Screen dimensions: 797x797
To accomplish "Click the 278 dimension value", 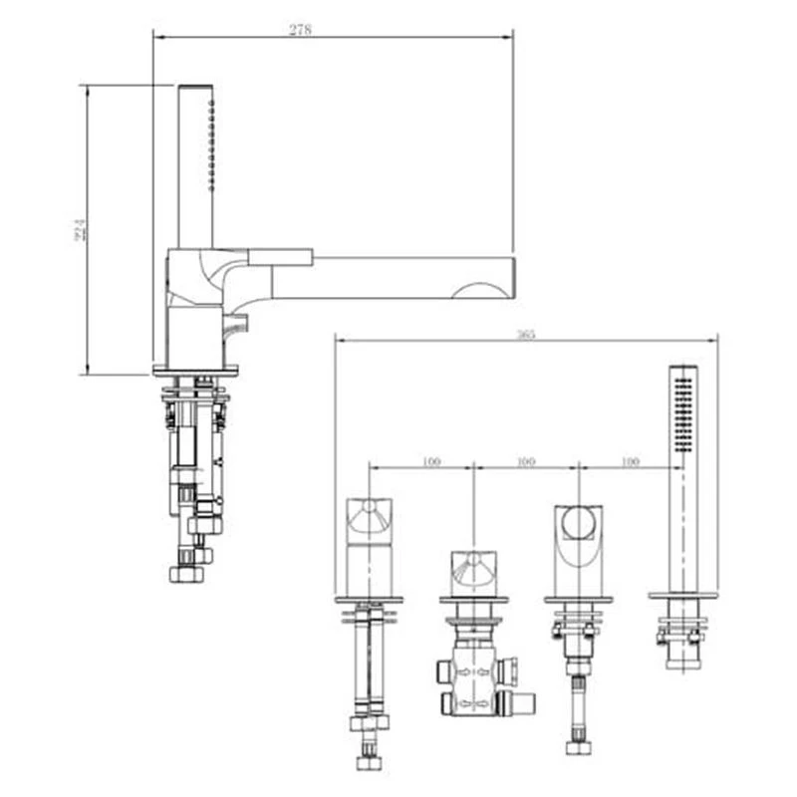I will click(x=300, y=30).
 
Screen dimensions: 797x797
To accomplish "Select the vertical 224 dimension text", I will click(x=82, y=230).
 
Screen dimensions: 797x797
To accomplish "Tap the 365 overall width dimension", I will click(x=526, y=335).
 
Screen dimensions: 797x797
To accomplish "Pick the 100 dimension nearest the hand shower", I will click(x=630, y=461).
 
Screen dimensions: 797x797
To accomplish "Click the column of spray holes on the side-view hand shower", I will click(x=211, y=144).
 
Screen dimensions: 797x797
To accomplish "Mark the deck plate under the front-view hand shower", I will click(x=682, y=596).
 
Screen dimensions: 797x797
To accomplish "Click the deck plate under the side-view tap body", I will click(x=195, y=371).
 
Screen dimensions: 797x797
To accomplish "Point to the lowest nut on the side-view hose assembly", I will click(x=186, y=575).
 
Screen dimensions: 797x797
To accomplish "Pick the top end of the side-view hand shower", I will click(x=195, y=89).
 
